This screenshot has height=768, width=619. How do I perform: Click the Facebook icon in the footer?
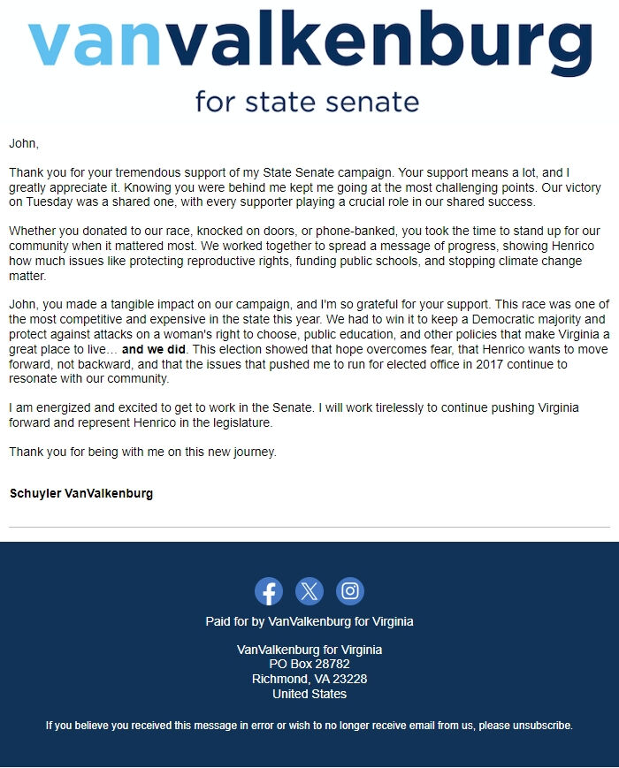pos(269,591)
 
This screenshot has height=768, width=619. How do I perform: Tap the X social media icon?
pos(309,591)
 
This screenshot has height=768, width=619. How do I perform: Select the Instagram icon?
pos(350,591)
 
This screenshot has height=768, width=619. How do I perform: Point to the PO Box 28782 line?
pos(309,664)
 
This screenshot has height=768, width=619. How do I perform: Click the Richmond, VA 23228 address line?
pos(309,679)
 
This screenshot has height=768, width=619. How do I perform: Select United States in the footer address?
pos(309,694)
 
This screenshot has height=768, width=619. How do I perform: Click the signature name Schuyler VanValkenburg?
pos(81,493)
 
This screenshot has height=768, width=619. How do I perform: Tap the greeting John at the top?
pos(24,142)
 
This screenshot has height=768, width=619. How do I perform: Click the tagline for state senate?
pos(308,101)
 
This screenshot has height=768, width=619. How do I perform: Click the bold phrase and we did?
pos(155,349)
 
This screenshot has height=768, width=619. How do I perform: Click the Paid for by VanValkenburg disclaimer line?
pos(309,621)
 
